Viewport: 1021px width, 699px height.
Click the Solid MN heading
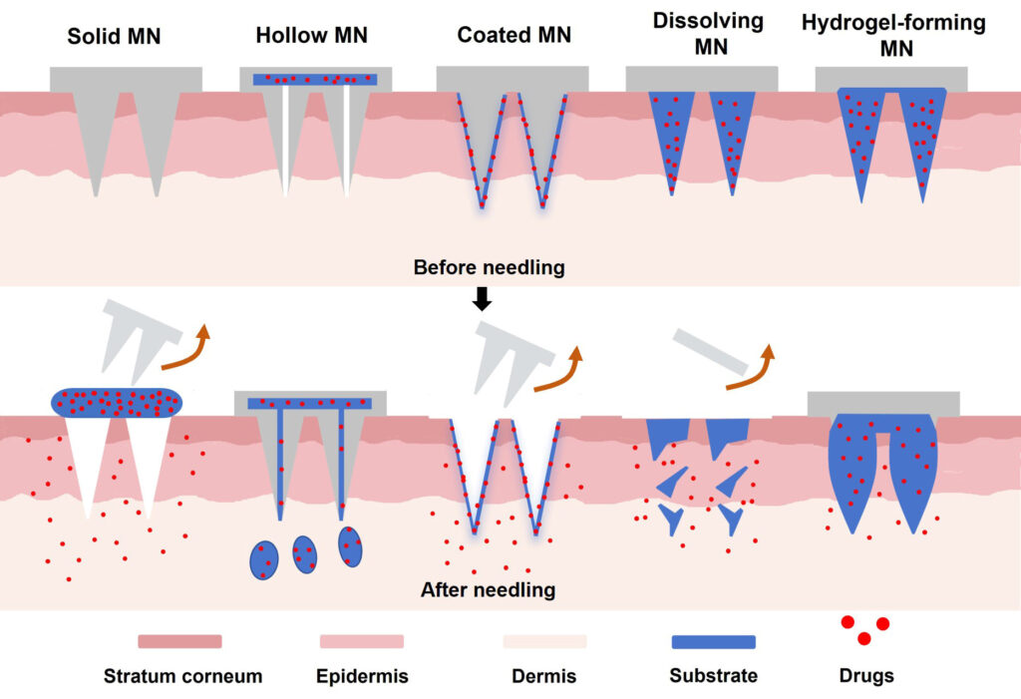[x=113, y=37]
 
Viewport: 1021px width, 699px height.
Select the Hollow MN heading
[x=311, y=36]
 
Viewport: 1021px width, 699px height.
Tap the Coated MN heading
[x=513, y=36]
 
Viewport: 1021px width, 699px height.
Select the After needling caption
[x=488, y=590]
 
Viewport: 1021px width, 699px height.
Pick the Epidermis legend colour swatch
[x=361, y=641]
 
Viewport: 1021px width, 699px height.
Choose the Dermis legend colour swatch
[x=544, y=641]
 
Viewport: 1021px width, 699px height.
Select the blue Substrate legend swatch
[x=713, y=641]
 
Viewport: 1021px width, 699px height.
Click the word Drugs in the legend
[x=866, y=676]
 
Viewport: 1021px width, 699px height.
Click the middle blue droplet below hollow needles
[x=304, y=554]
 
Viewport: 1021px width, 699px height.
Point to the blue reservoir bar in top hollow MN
[x=314, y=79]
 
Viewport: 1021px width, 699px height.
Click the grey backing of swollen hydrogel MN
[x=882, y=402]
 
